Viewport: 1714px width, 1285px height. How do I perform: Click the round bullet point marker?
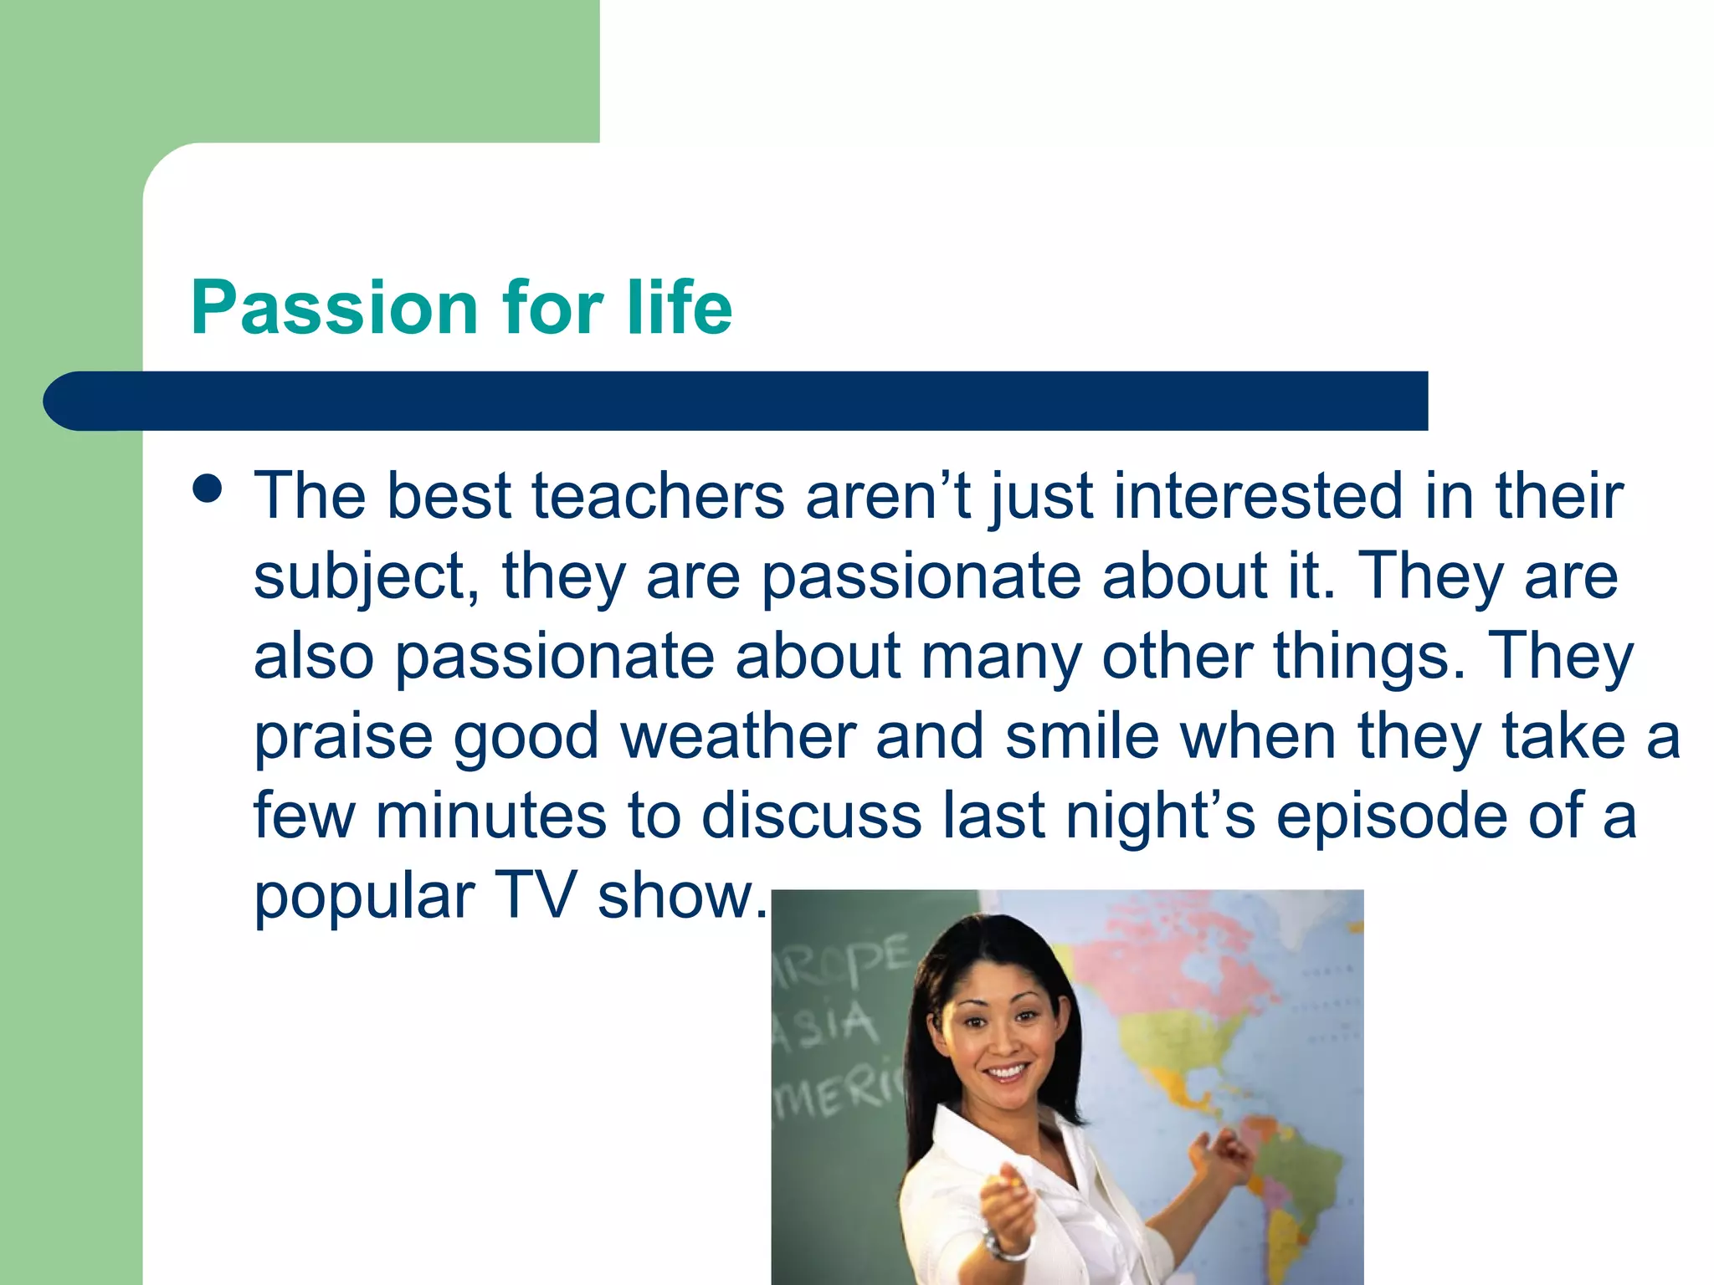(207, 489)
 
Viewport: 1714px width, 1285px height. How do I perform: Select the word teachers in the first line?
(658, 496)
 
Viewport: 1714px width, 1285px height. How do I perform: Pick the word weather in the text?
(738, 736)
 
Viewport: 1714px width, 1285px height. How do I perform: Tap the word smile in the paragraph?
(1081, 736)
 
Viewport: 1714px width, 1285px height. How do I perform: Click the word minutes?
(490, 816)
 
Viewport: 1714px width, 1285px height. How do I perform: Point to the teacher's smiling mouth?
(1006, 1073)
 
